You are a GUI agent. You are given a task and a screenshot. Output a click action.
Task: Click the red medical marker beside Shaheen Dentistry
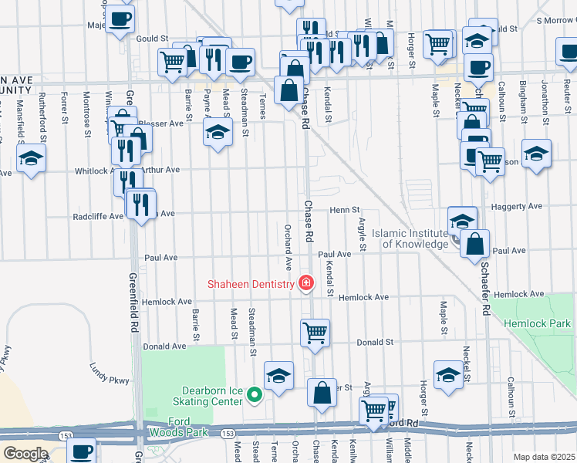(x=306, y=284)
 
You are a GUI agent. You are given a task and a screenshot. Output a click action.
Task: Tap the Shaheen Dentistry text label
(x=251, y=284)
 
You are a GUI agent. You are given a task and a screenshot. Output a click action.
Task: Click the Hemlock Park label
(x=538, y=324)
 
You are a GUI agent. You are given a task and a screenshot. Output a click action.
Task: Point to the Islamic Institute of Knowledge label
(x=410, y=238)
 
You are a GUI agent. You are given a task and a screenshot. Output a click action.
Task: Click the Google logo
(x=25, y=454)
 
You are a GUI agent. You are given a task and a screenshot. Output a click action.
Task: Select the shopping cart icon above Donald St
(x=315, y=333)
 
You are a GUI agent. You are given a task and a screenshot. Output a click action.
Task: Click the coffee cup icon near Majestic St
(x=120, y=19)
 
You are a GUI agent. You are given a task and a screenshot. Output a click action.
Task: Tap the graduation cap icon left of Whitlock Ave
(x=31, y=159)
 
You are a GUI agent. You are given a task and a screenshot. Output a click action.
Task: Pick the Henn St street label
(x=346, y=210)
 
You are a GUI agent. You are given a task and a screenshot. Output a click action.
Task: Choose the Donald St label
(x=375, y=341)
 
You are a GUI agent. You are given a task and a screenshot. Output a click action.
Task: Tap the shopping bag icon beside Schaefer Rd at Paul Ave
(x=476, y=245)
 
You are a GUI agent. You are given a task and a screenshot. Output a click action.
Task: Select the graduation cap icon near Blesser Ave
(x=218, y=132)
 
